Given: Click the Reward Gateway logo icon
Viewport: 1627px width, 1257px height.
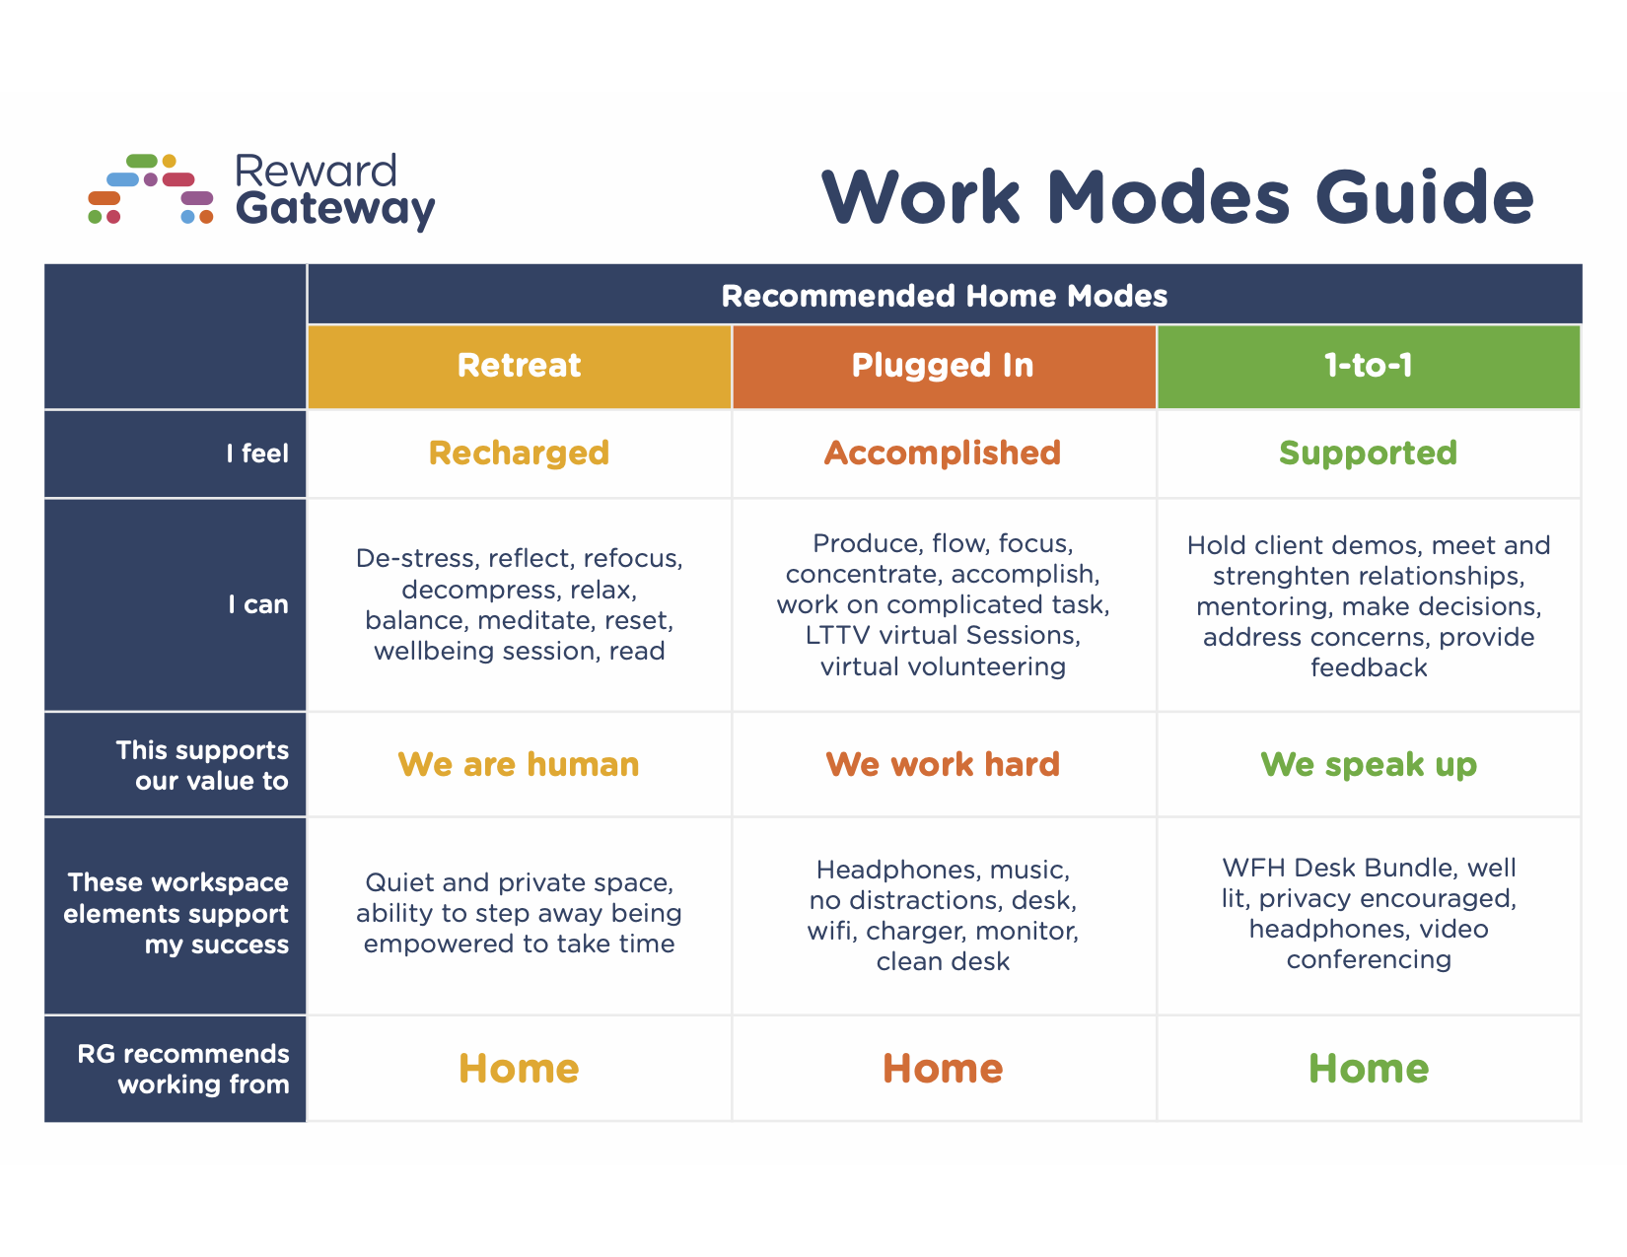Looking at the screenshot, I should tap(151, 189).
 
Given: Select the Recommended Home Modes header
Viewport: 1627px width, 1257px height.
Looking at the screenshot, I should tap(944, 296).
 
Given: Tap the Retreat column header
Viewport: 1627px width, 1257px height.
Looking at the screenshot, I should tap(519, 366).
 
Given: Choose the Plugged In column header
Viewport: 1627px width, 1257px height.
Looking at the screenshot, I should tap(943, 366).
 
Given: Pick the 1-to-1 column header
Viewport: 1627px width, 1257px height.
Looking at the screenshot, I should tap(1368, 366).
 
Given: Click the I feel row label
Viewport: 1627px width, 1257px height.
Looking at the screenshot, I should tap(257, 454).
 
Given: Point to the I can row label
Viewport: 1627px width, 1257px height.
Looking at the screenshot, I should tap(258, 604).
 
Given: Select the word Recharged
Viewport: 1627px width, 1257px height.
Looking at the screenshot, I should tap(519, 453).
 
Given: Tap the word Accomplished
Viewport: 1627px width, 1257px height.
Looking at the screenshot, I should tap(943, 453).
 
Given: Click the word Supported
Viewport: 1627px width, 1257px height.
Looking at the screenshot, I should tap(1368, 453).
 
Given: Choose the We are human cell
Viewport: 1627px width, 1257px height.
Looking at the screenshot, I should tap(519, 765).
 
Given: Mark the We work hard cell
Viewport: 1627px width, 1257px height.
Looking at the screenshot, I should tap(943, 765).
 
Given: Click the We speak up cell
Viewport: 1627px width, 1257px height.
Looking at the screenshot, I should tap(1368, 765).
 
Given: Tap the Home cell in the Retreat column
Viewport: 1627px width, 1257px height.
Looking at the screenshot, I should tap(519, 1069).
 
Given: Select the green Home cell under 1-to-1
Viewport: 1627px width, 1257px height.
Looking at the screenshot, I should tap(1368, 1069).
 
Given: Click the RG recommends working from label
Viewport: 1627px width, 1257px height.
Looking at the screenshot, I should tap(184, 1069).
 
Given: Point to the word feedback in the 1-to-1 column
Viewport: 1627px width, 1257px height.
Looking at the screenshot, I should tap(1369, 668).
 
